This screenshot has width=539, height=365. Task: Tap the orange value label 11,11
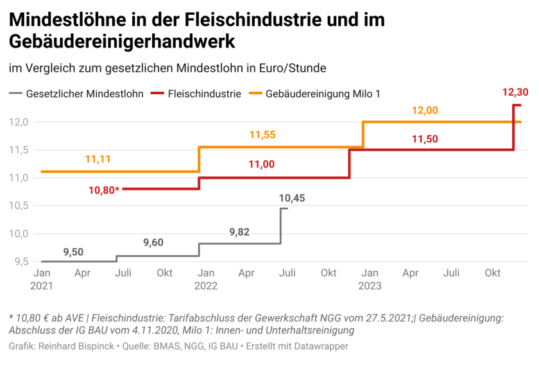98,158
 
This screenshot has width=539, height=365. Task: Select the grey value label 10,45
292,198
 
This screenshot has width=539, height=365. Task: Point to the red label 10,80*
105,190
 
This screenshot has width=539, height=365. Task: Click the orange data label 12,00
425,110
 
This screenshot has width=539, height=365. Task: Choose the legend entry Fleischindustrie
204,94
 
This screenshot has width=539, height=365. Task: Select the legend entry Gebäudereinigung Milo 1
323,94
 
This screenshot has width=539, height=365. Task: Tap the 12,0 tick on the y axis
18,122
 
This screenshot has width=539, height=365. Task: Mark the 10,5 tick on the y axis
18,205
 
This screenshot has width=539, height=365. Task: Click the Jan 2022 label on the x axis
205,279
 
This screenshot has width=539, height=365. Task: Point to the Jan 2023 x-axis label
370,279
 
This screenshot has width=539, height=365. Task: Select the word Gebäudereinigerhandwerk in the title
123,42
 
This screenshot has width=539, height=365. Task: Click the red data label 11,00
262,164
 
